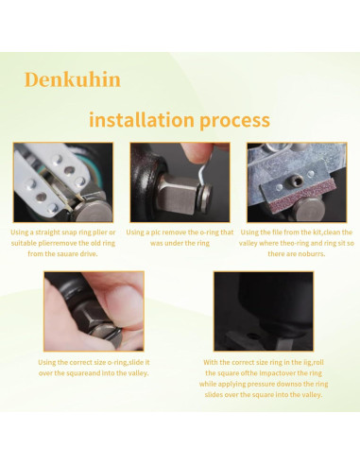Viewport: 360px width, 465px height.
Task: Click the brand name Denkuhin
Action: (72, 78)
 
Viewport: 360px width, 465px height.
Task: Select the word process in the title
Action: (235, 120)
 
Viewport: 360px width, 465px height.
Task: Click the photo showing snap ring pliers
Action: (62, 181)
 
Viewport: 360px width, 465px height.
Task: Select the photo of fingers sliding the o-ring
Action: (94, 311)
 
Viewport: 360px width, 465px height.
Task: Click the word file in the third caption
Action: (283, 232)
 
